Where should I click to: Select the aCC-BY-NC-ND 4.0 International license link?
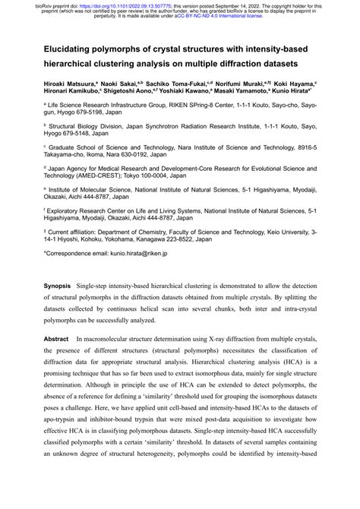(210, 16)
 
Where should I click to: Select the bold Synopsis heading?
(57, 324)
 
